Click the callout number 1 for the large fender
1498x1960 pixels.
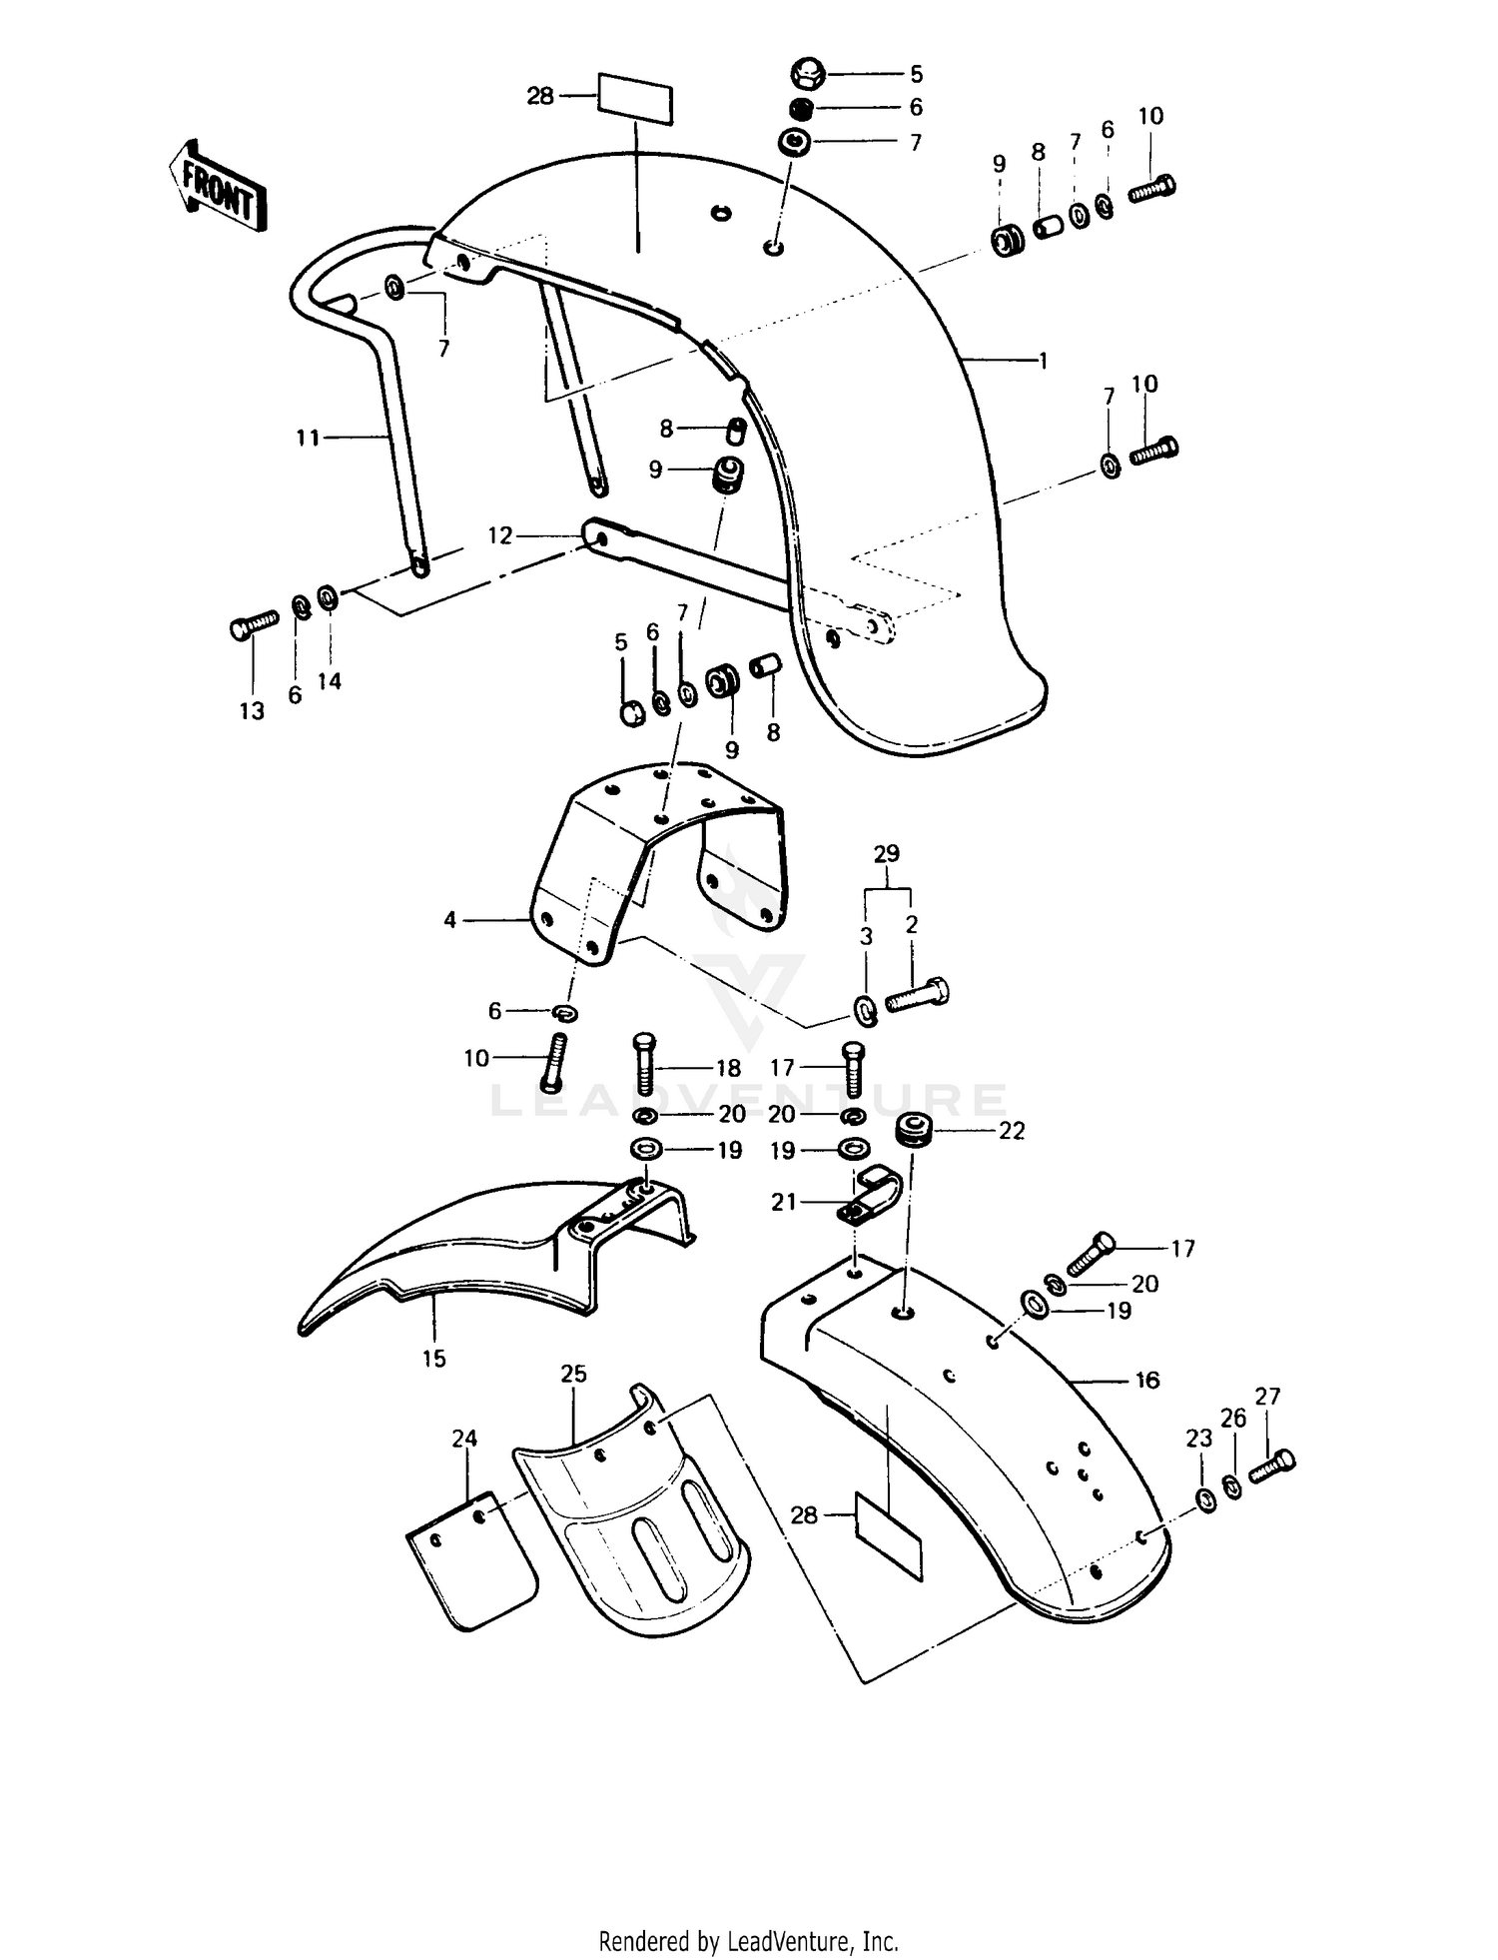(x=1044, y=361)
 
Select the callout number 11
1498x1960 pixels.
(x=308, y=438)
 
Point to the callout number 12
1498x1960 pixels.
(x=499, y=536)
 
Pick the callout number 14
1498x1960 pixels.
(x=330, y=681)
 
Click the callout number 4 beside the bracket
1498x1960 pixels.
(x=450, y=919)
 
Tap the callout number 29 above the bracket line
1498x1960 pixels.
(x=886, y=854)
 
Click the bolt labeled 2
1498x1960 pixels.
(x=917, y=995)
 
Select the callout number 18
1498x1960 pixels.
(x=729, y=1068)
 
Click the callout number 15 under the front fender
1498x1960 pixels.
(x=433, y=1359)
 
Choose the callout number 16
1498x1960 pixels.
(x=1147, y=1380)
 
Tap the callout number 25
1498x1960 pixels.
(x=573, y=1374)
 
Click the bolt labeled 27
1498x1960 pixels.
(x=1273, y=1467)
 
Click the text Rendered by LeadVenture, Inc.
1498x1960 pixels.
(x=748, y=1941)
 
